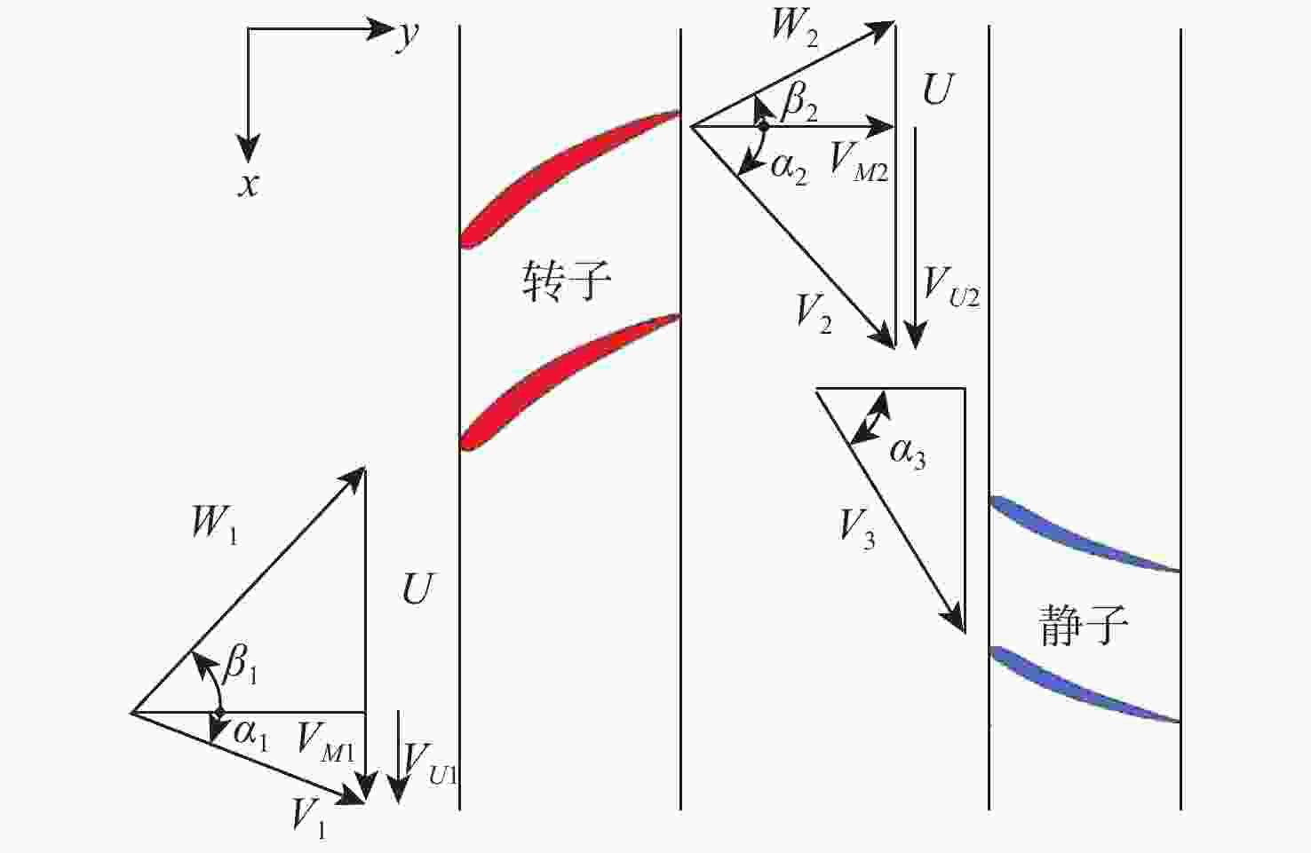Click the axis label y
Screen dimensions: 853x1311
pos(407,35)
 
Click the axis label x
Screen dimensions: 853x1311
pos(249,184)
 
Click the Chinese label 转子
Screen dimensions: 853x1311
pos(566,281)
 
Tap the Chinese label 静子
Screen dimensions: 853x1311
pos(1084,625)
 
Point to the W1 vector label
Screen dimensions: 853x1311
pos(214,524)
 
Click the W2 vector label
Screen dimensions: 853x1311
pos(793,27)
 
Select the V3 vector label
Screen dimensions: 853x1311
pos(857,529)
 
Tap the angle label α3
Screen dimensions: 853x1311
pos(908,453)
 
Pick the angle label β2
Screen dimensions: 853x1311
pos(799,102)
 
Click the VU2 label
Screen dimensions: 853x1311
pos(950,288)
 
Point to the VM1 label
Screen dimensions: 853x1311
pos(325,742)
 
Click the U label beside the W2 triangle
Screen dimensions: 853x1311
pos(938,90)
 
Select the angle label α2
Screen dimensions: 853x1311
pos(789,166)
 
